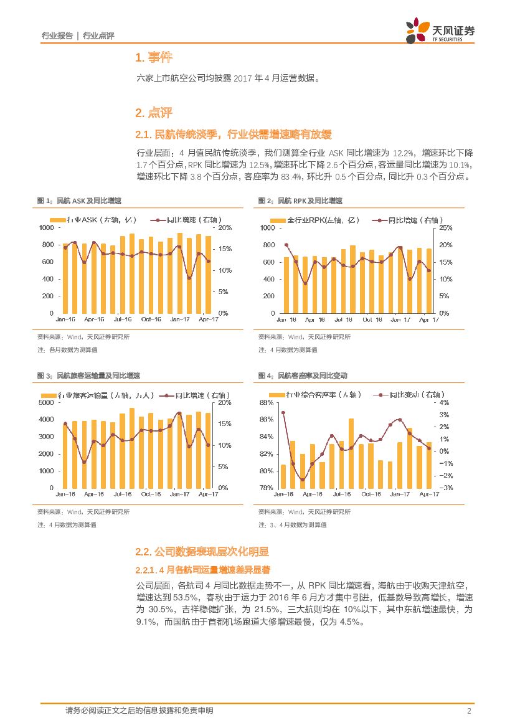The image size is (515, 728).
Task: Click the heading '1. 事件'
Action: [x=153, y=58]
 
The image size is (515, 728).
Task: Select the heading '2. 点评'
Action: [x=153, y=113]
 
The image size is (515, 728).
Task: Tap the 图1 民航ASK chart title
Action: [x=80, y=201]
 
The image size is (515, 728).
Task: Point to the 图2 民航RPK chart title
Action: [x=300, y=201]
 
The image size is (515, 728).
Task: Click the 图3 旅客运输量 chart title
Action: [x=89, y=376]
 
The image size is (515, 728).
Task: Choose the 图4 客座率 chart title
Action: [x=303, y=376]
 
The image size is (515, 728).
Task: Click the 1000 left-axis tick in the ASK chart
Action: [x=47, y=228]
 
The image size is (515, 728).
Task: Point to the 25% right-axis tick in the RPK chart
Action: [x=446, y=228]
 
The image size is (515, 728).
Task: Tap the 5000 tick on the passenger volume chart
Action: [x=47, y=402]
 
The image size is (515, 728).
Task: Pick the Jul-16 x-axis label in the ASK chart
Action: [x=122, y=319]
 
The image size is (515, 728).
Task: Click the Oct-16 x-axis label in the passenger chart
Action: [x=151, y=494]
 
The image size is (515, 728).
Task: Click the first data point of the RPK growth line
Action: [x=286, y=245]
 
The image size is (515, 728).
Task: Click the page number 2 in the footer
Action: [x=467, y=711]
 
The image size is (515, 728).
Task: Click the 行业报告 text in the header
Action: [x=57, y=36]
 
